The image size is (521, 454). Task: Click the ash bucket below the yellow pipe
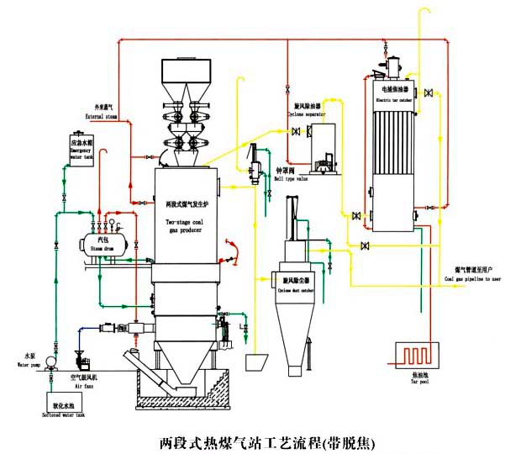255,363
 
